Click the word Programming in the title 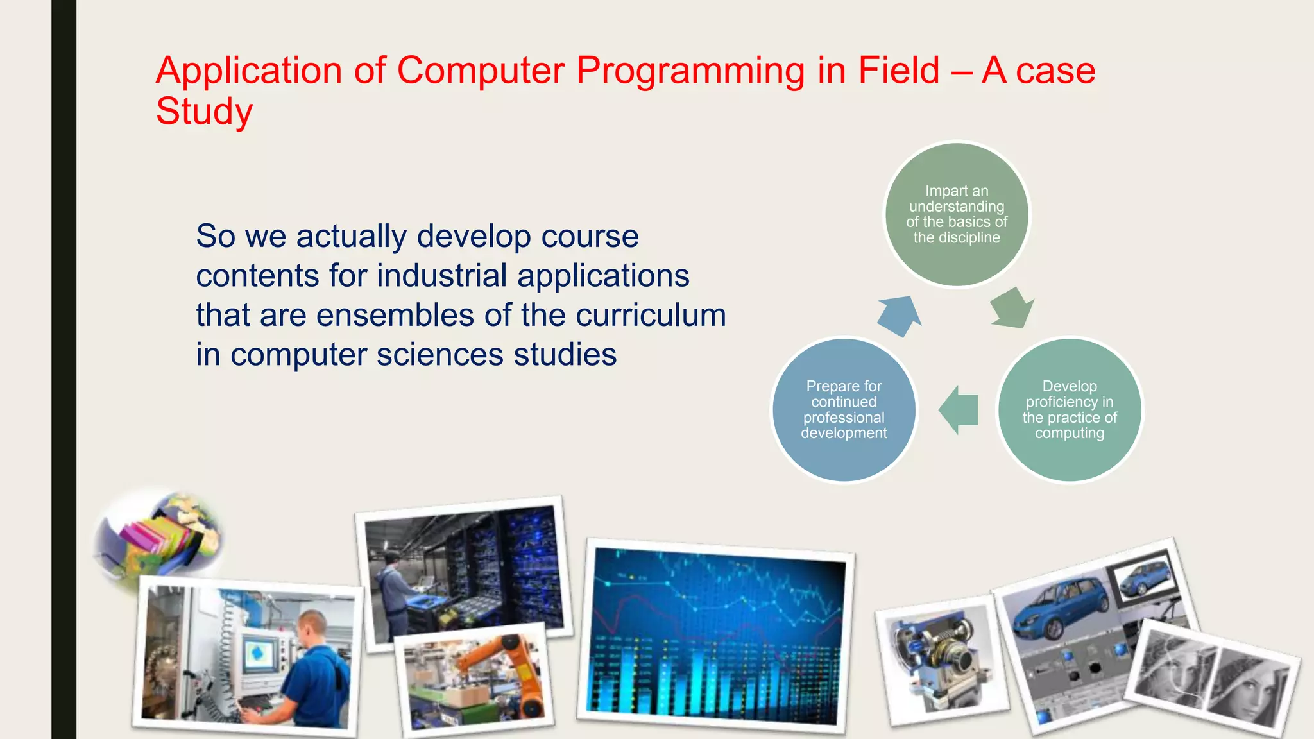point(690,71)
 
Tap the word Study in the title point(204,112)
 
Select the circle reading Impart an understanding point(957,214)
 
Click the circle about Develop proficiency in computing point(1070,409)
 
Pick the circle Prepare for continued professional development point(844,409)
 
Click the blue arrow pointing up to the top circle point(899,315)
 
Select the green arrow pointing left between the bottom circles point(959,409)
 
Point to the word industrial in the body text point(442,276)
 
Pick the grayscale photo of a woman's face point(1213,680)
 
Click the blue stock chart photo point(715,635)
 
